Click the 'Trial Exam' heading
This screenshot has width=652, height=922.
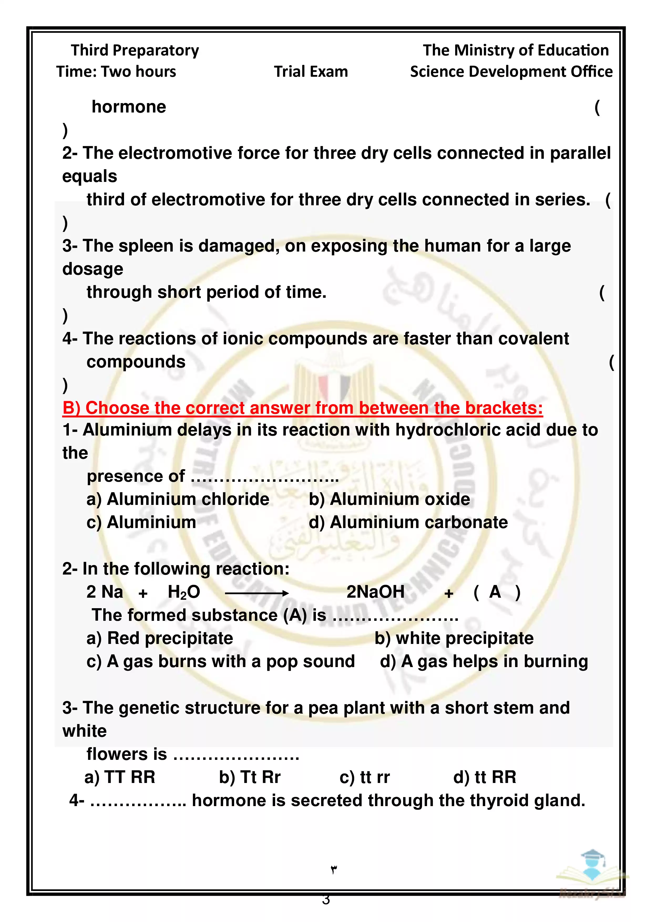pos(311,71)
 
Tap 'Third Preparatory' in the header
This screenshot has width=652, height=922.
pos(135,50)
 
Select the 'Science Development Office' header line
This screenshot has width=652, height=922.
pos(511,71)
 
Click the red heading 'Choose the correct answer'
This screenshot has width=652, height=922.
pos(303,408)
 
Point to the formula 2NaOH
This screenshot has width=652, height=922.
pos(375,592)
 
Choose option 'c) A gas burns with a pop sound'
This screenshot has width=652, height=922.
pos(220,661)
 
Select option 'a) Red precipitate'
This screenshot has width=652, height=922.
pos(160,638)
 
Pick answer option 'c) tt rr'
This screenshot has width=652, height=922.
pos(364,777)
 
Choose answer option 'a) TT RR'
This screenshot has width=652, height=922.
pos(120,777)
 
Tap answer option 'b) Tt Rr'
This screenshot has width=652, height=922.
pos(249,777)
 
